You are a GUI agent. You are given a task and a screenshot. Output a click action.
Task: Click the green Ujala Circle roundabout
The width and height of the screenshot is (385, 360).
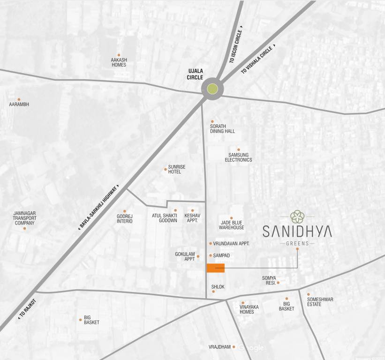coord(212,89)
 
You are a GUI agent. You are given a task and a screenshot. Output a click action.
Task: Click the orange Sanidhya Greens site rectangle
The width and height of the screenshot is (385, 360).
coord(215,268)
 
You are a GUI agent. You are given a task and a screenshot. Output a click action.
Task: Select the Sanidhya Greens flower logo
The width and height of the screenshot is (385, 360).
coord(297,217)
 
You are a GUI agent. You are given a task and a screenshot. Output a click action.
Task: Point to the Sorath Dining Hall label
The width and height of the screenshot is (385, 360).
coord(222,129)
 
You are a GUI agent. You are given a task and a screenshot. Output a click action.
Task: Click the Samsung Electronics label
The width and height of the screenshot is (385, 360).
coord(238,157)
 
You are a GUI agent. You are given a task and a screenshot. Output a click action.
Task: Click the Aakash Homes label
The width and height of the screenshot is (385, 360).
coord(119,62)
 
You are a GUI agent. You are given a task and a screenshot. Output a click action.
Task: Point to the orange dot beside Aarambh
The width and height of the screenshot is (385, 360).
coord(19,99)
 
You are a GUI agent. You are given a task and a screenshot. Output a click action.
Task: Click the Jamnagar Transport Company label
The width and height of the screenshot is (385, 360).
coord(24,218)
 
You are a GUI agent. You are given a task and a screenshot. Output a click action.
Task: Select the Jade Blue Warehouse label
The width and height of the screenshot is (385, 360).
coord(232,225)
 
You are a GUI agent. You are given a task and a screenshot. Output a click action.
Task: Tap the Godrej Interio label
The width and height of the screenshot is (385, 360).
coord(125,218)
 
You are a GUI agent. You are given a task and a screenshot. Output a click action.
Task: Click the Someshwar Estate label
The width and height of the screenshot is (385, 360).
coord(320,302)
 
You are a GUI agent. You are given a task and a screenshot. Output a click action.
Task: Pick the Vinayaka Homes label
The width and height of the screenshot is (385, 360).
coord(246,309)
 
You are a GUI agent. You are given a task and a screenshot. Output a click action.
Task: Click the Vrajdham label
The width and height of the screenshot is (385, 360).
coord(219,347)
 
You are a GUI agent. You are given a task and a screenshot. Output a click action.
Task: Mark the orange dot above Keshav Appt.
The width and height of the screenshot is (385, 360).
coord(192,210)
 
